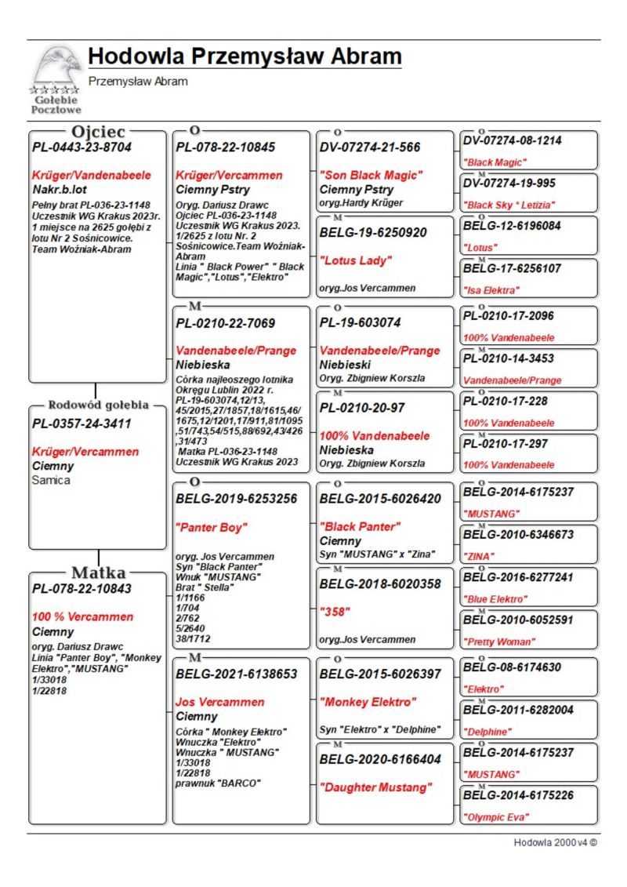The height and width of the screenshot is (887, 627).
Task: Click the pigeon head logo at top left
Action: [x=56, y=69]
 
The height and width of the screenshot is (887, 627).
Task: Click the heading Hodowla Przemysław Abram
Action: [x=245, y=57]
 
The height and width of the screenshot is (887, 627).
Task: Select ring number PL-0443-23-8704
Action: [x=82, y=147]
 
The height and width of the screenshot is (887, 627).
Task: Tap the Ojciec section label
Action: [x=97, y=131]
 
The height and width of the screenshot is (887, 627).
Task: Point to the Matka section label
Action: [x=98, y=572]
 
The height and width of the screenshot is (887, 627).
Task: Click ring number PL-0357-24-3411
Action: [x=82, y=424]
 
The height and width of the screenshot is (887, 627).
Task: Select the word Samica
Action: [x=51, y=480]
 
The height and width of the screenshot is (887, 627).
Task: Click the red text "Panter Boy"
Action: [x=212, y=527]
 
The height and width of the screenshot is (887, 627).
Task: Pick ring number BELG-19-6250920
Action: [x=373, y=232]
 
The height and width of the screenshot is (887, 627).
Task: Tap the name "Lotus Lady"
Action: [x=354, y=260]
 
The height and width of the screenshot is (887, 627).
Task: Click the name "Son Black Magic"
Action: [x=371, y=175]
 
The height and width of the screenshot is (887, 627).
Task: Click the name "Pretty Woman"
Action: [x=499, y=642]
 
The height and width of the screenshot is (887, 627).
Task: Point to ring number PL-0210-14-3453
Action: [x=509, y=358]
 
